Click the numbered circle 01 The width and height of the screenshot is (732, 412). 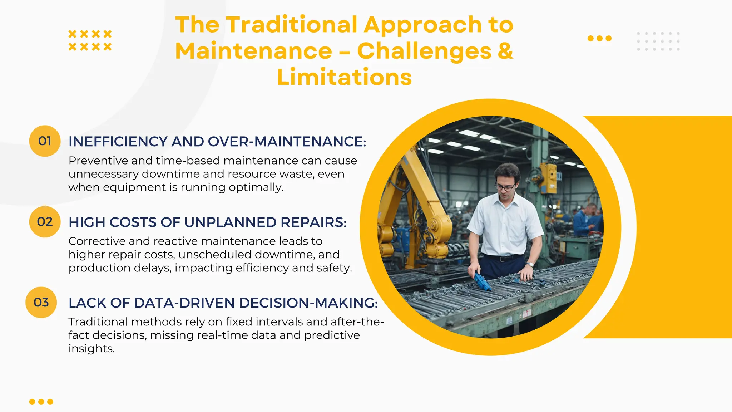pyautogui.click(x=45, y=141)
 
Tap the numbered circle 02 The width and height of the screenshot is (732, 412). pyautogui.click(x=45, y=222)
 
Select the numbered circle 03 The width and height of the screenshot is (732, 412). pyautogui.click(x=41, y=303)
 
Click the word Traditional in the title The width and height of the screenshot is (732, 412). pyautogui.click(x=292, y=25)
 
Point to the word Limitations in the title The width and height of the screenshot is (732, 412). pyautogui.click(x=344, y=77)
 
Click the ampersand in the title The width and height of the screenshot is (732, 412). pyautogui.click(x=505, y=51)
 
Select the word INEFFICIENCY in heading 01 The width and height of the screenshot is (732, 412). pyautogui.click(x=118, y=142)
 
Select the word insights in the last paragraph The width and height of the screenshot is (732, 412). pyautogui.click(x=91, y=349)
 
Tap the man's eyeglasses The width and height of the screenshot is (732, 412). pyautogui.click(x=505, y=187)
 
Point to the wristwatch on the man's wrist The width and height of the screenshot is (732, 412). pyautogui.click(x=530, y=265)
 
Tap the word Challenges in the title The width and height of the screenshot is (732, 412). pyautogui.click(x=424, y=51)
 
